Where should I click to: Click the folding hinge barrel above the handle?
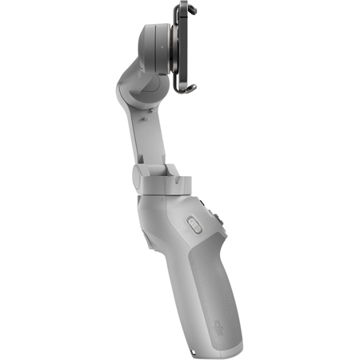coord(138,172)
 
